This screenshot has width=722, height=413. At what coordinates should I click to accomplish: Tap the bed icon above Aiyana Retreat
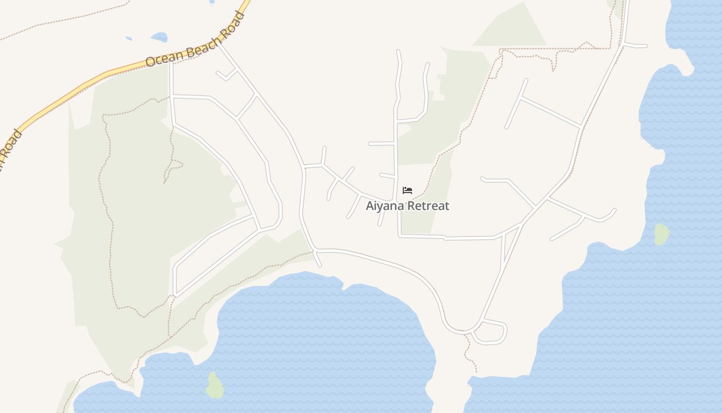pos(407,190)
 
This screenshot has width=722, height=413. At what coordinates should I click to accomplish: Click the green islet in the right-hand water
pos(662,234)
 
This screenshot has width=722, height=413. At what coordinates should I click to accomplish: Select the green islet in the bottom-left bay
pos(215,385)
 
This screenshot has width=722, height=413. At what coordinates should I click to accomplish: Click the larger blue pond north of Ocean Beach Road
pos(159,37)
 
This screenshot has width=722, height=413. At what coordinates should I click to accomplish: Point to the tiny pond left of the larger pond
pos(128,38)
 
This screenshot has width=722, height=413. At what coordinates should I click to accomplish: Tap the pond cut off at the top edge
pos(212,2)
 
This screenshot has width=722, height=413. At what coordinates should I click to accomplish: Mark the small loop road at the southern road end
pos(490,332)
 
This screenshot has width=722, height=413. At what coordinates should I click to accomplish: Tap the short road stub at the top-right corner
pos(635,45)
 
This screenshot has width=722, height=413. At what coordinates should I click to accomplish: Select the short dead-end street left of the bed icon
pos(387,176)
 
